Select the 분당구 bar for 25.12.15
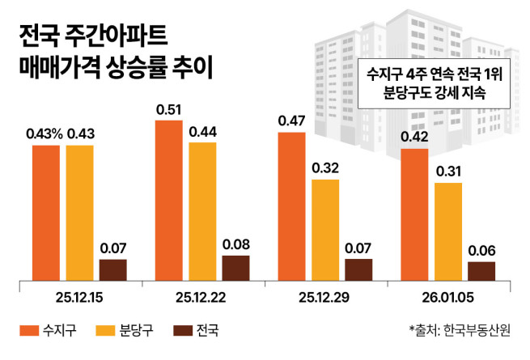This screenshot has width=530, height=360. (x=80, y=213)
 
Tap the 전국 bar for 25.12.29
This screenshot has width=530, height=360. (x=358, y=269)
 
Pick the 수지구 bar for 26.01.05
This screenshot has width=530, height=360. (x=413, y=214)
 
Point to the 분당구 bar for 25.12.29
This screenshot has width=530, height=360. (x=324, y=230)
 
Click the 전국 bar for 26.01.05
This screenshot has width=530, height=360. (x=481, y=271)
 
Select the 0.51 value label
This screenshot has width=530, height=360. (x=168, y=109)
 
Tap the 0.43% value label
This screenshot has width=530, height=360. (x=45, y=133)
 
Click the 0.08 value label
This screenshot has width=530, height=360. (x=236, y=244)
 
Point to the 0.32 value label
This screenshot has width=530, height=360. (x=324, y=167)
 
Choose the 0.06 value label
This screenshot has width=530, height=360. (x=481, y=250)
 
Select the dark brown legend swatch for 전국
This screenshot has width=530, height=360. (x=182, y=330)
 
